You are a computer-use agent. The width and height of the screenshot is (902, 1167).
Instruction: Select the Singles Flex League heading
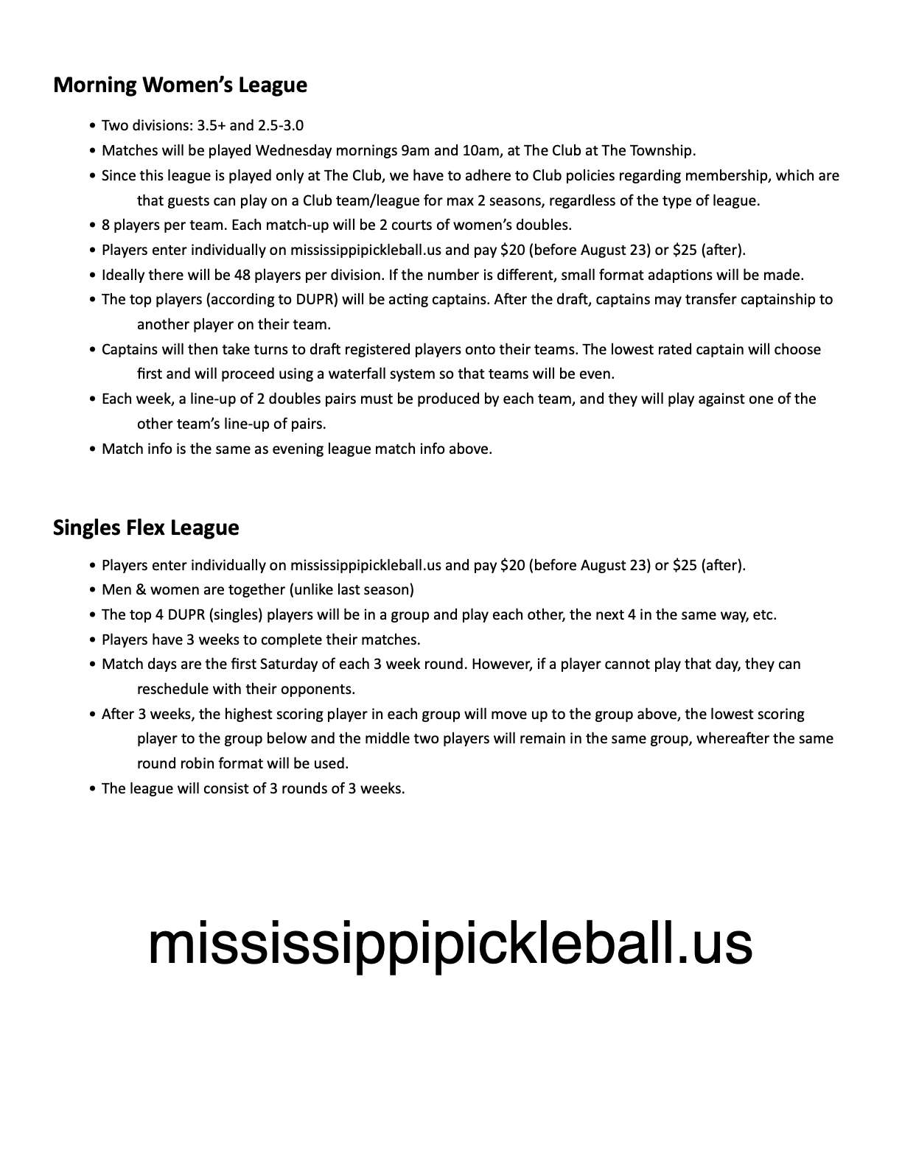pos(146,528)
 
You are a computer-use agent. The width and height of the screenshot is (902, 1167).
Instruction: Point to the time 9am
pos(415,151)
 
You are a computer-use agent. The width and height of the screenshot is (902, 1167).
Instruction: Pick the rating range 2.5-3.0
pos(281,126)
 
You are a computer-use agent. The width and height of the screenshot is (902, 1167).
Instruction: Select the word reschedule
pos(172,690)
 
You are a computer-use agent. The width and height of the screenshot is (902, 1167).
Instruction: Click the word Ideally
pos(126,276)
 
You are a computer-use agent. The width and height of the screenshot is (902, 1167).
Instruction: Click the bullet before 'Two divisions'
pos(92,126)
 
